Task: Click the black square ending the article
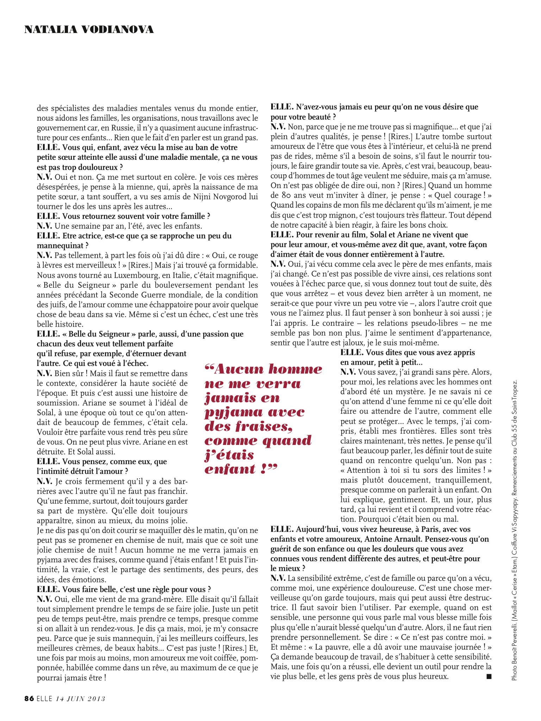pos(488,676)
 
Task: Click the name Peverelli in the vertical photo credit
pos(515,628)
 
